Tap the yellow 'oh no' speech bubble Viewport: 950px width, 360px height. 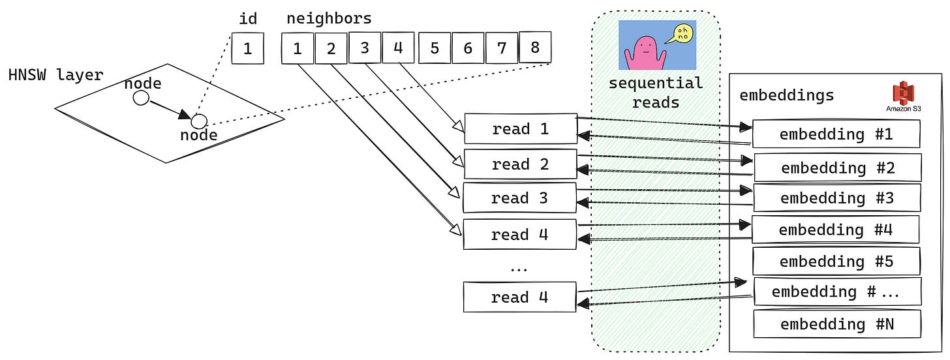682,35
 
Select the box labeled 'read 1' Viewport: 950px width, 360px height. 520,129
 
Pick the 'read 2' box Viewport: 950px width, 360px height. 520,164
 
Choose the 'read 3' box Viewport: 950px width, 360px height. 520,198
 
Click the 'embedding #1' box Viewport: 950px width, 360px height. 836,134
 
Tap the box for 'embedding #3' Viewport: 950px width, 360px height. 836,198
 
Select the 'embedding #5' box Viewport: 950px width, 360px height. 836,262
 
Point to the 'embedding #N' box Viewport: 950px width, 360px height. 836,324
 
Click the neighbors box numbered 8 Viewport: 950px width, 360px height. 534,48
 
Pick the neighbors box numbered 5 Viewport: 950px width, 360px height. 434,49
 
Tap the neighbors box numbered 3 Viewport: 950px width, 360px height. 364,48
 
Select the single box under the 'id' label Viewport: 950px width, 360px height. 247,49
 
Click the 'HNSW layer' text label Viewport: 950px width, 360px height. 55,75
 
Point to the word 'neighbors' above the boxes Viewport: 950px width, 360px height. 329,18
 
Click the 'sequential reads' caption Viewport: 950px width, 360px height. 656,93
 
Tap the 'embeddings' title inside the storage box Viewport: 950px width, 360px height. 786,95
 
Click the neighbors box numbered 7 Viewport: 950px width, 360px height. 501,49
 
